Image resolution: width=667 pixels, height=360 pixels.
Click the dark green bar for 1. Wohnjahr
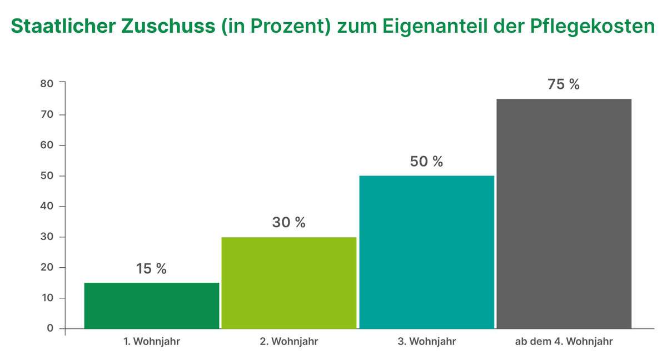click(152, 306)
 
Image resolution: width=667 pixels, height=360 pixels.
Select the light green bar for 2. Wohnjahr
click(288, 283)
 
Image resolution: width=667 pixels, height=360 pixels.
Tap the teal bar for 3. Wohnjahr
click(426, 252)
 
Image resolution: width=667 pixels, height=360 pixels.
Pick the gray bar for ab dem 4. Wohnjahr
click(564, 214)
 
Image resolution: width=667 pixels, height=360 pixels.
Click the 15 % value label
click(151, 269)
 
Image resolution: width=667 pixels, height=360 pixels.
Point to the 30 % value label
click(288, 223)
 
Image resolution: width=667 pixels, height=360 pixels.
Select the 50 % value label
click(426, 162)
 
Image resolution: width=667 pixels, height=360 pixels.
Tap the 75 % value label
click(564, 85)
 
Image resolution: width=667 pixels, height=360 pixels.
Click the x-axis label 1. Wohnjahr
click(152, 342)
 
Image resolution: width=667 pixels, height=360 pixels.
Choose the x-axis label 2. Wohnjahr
click(288, 342)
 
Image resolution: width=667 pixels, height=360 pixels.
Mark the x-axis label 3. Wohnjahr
click(426, 342)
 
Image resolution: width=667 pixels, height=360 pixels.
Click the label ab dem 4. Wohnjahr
click(564, 342)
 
